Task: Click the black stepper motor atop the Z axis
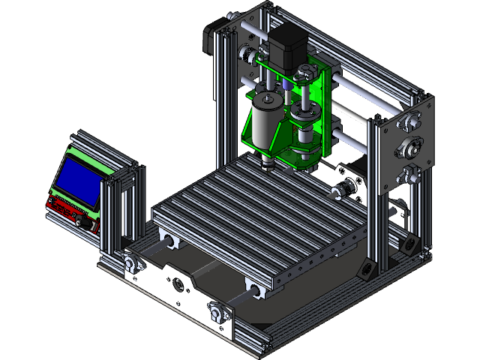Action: click(286, 45)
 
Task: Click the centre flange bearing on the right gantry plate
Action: click(410, 147)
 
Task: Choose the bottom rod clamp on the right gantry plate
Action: click(409, 175)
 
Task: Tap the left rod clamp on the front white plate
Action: click(134, 263)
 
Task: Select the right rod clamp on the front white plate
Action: click(218, 310)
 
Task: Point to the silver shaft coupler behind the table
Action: click(346, 187)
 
